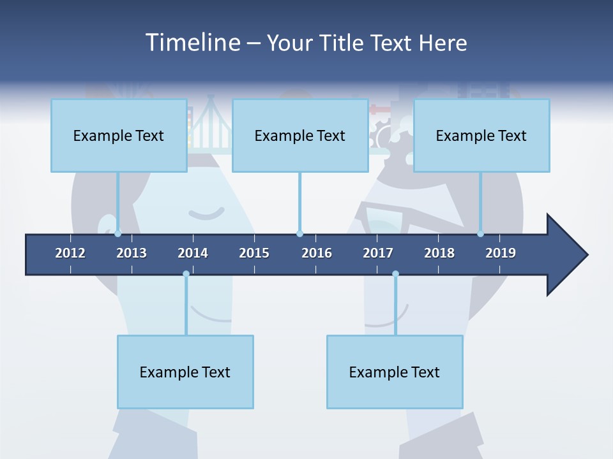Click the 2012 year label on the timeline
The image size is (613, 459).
pos(70,253)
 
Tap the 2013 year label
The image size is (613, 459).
pos(132,253)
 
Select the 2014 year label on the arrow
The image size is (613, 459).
pos(193,253)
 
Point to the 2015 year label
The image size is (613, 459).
pos(254,253)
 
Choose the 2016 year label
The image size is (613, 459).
pos(317,253)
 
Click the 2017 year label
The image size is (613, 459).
pos(378,253)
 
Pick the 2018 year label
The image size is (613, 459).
pos(439,253)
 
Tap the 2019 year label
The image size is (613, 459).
pos(501,253)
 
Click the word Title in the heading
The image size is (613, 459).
pos(343,43)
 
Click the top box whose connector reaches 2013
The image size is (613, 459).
pos(119,135)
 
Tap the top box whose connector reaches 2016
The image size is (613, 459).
pos(300,135)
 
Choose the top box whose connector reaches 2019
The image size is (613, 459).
pos(481,135)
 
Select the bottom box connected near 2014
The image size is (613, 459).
pos(185,372)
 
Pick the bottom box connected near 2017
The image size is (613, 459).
pos(395,372)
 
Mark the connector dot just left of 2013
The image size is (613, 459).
pos(118,233)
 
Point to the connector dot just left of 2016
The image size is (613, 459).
pos(299,233)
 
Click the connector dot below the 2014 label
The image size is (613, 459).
pos(186,273)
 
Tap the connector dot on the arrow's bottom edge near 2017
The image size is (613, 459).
pos(395,273)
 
